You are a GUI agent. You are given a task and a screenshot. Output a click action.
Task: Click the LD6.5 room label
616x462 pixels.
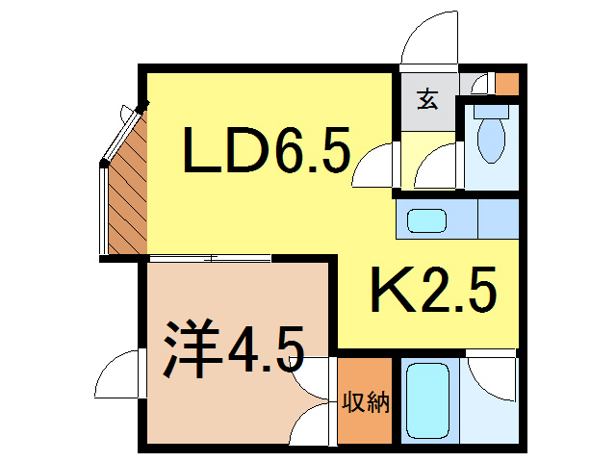click(267, 151)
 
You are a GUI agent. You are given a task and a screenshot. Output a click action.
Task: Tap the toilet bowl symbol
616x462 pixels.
click(491, 141)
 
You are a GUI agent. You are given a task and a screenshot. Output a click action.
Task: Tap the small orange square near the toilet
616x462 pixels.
click(507, 83)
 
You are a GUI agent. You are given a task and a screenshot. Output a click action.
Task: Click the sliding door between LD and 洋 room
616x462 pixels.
click(210, 258)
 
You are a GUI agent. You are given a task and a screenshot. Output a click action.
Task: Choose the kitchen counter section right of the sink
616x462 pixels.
click(499, 220)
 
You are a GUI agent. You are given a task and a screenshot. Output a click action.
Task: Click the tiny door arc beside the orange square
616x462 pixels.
click(478, 82)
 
